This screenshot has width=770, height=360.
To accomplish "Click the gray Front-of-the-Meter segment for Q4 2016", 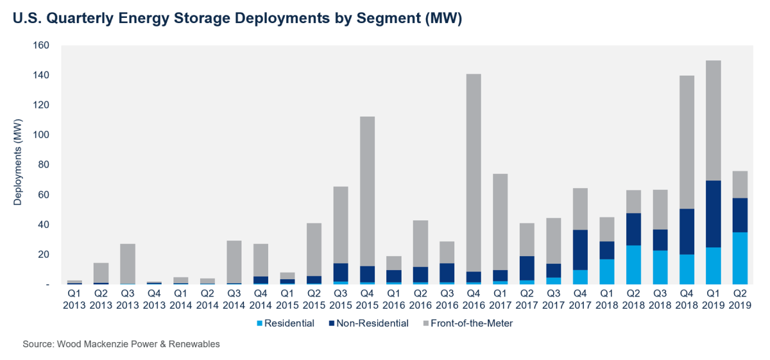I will (x=474, y=173).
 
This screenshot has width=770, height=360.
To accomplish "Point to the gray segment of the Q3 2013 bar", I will (x=128, y=263).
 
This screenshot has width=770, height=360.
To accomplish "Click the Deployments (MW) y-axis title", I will (x=17, y=165).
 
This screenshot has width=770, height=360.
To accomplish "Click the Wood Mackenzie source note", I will (x=121, y=345).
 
